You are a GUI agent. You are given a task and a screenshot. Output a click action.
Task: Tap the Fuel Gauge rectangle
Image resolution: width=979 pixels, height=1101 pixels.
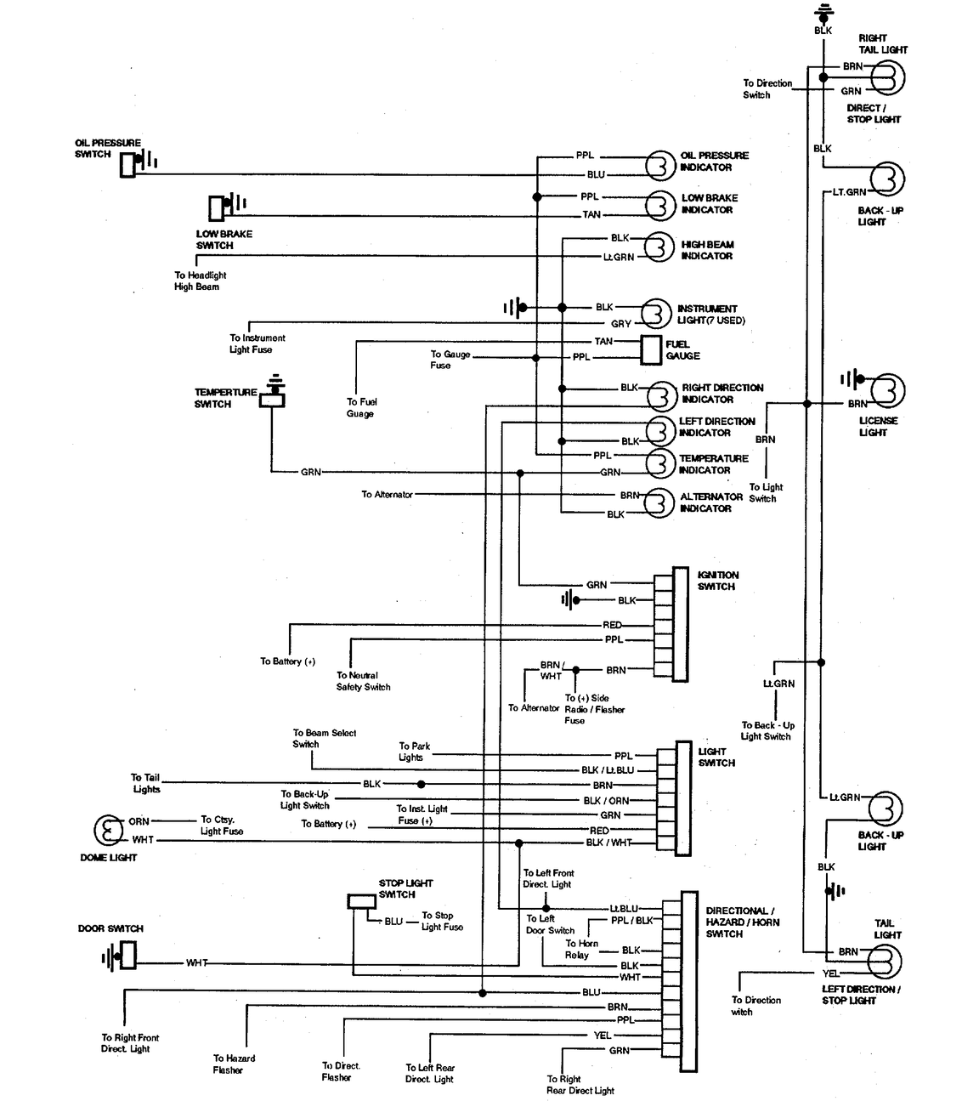[x=651, y=349]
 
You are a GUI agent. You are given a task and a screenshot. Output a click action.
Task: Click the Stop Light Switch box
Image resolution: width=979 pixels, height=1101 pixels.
[x=361, y=901]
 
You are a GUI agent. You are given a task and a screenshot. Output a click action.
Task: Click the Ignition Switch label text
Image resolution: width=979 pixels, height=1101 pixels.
[x=718, y=581]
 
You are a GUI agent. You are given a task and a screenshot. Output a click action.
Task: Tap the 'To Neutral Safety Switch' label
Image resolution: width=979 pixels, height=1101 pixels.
[x=363, y=681]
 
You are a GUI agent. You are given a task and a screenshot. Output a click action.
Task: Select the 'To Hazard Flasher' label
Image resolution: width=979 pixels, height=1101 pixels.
[x=234, y=1064]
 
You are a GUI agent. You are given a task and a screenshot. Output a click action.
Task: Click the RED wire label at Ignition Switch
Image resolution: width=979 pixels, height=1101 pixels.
[x=612, y=625]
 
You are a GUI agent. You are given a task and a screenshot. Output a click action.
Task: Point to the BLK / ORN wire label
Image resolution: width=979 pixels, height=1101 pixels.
[x=606, y=801]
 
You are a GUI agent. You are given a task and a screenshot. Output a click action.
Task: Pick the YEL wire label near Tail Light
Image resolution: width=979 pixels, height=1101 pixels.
[x=830, y=973]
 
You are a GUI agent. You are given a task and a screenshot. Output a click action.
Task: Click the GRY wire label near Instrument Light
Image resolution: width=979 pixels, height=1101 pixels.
[x=621, y=324]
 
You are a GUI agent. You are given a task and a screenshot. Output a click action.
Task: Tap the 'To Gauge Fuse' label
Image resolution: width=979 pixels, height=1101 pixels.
[x=450, y=360]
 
